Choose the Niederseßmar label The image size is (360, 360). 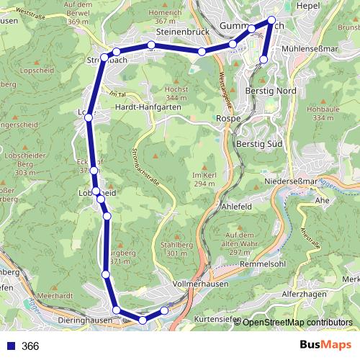coord(291,181)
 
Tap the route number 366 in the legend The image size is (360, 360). coord(30,346)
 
